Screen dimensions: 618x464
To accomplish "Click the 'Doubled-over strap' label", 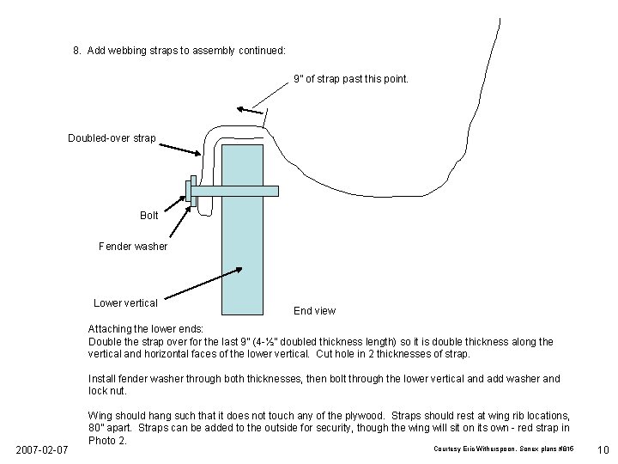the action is click(112, 138).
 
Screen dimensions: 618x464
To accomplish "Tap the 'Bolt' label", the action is click(149, 216).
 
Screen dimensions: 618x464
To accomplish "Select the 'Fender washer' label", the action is click(133, 247).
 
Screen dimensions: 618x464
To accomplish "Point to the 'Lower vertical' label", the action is click(125, 302).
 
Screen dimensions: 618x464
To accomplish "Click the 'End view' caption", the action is click(314, 310).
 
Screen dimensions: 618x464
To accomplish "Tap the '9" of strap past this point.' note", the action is click(351, 79).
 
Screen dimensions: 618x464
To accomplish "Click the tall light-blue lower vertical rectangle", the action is click(242, 258).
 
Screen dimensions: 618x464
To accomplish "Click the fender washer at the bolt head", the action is click(189, 192).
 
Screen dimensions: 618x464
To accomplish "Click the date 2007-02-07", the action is click(41, 449).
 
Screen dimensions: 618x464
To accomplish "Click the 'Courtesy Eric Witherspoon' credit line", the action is click(502, 449).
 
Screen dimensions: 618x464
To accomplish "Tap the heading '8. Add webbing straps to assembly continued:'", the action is click(179, 51).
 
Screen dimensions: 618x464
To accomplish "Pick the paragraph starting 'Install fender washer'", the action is click(324, 384).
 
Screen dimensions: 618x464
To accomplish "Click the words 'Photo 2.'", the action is click(107, 441).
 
